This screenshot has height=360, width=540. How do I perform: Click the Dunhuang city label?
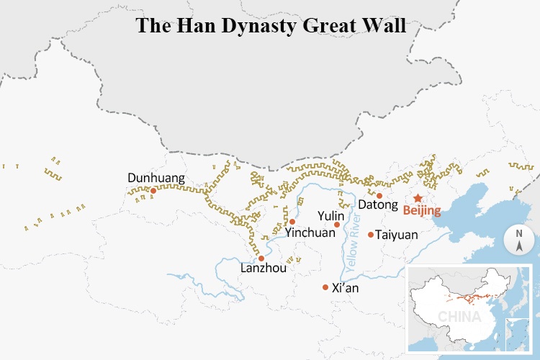pos(156,178)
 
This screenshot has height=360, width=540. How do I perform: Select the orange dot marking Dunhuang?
pos(153,191)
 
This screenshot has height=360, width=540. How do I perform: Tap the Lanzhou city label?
pos(264,269)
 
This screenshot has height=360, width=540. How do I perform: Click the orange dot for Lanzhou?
pos(261,258)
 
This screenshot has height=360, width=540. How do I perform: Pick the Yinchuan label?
pos(310,233)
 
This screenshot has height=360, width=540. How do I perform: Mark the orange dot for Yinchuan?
pos(292,222)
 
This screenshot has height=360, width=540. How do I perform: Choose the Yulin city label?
pos(332,215)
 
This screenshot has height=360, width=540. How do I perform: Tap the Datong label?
pos(378,205)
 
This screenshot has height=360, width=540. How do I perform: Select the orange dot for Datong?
pos(379,195)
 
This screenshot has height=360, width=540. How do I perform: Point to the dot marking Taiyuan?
pos(371,234)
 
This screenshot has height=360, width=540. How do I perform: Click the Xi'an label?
pos(345,288)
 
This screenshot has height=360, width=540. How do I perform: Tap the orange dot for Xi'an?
pos(325,287)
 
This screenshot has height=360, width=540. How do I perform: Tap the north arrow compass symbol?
pos(518,240)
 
